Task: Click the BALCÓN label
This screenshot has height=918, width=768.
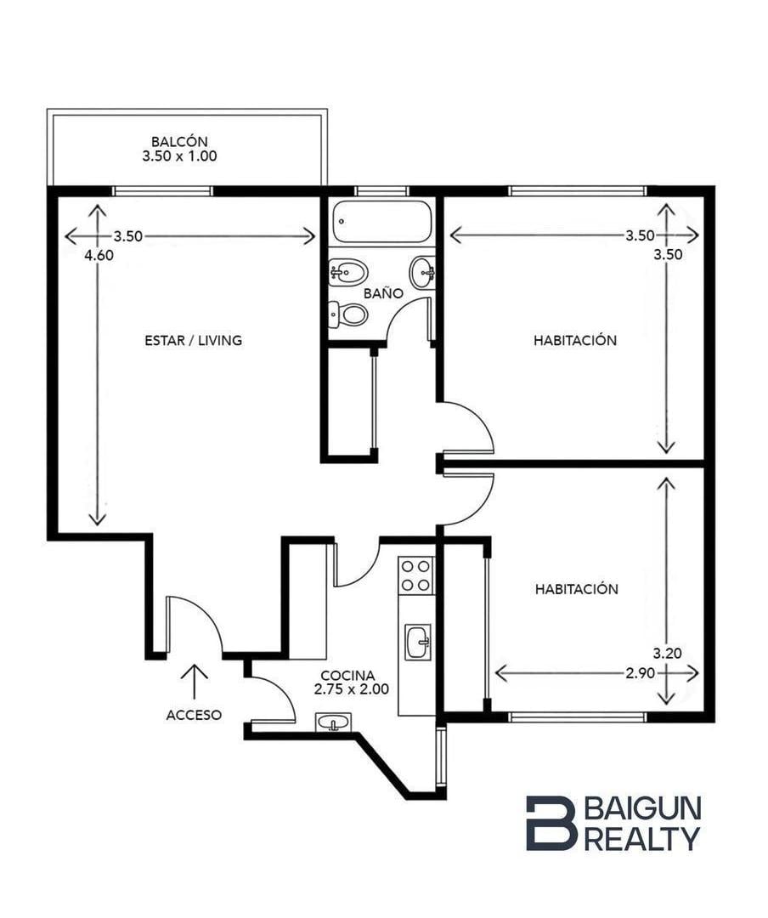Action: (179, 142)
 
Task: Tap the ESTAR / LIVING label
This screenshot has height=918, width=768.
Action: (193, 340)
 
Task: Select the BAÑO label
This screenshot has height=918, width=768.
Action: (383, 292)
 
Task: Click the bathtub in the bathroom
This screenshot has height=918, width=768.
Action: (381, 222)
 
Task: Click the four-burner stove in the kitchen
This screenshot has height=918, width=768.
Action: (416, 575)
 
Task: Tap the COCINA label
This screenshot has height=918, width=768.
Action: (347, 677)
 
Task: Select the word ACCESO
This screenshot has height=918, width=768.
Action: (194, 715)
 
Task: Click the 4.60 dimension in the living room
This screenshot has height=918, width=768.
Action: (99, 255)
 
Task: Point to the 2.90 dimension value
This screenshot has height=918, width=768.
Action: (640, 673)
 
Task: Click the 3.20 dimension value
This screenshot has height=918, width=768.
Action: (667, 654)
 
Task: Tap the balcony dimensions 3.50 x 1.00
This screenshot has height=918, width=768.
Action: (179, 156)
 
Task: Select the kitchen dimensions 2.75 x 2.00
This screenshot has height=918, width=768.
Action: (351, 689)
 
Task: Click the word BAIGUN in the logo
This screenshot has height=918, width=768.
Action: (643, 808)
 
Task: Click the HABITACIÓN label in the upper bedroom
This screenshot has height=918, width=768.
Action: (575, 340)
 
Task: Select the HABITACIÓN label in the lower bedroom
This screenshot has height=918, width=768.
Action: (577, 589)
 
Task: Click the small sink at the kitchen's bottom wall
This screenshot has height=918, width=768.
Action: (334, 722)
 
